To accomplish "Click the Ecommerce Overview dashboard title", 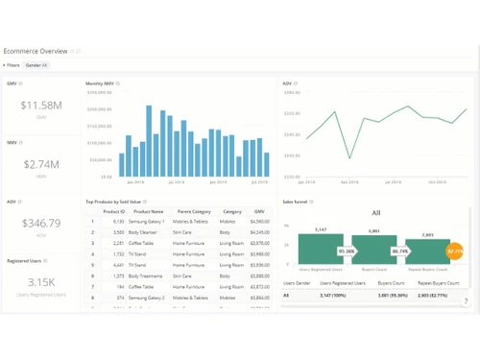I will [36, 50].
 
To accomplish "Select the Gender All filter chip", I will [36, 65].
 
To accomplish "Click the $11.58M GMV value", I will [41, 104].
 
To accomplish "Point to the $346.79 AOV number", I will [41, 224].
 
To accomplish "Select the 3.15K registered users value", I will [41, 281].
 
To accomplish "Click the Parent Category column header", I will [193, 211].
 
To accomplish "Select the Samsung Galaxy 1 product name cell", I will [150, 222].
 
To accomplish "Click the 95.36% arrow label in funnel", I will [347, 251].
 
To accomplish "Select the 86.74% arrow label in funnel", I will [399, 251].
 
